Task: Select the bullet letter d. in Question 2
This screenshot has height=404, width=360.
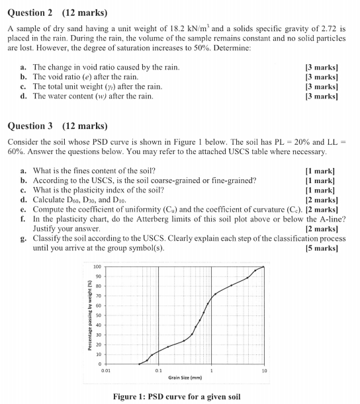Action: coord(24,96)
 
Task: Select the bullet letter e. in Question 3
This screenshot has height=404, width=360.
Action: coord(24,209)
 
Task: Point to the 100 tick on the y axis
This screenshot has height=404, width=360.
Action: coord(97,266)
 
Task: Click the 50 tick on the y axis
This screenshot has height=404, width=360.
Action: coord(97,315)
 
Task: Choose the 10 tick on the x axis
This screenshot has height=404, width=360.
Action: coord(263,371)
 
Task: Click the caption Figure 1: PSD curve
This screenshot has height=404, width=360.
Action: coord(177,396)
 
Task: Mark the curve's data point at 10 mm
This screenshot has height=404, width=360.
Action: coord(264,267)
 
